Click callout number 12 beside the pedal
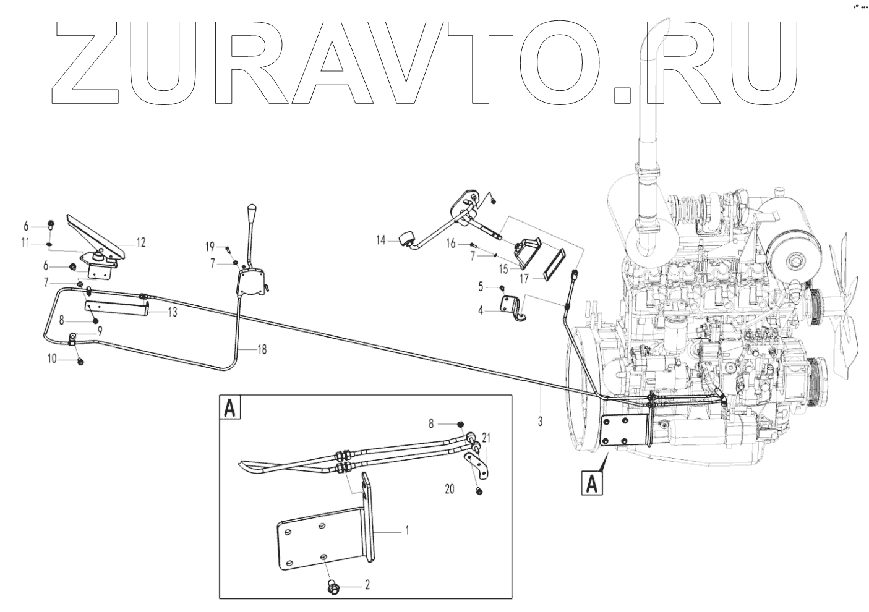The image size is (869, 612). point(141,243)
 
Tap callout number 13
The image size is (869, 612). point(172,312)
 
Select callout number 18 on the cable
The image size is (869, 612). point(262,349)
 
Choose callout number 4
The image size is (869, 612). point(480,310)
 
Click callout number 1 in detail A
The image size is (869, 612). point(406,530)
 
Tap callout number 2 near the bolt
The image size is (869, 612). point(367,584)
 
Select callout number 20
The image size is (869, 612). point(450,489)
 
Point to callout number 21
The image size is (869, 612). point(487,438)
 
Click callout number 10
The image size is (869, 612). point(51,358)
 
